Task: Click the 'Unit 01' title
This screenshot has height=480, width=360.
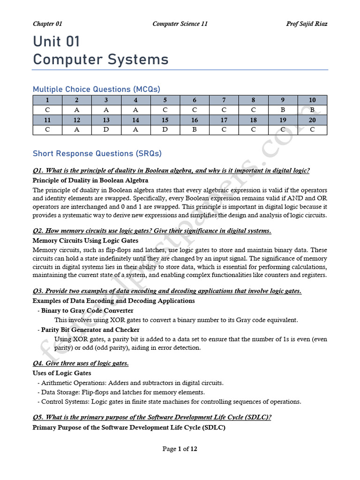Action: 56,42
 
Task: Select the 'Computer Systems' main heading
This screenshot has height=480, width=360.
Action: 100,60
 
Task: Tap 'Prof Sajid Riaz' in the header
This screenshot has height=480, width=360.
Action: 307,24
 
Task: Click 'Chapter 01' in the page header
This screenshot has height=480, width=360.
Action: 47,24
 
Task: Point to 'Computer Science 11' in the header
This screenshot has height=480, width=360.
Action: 180,24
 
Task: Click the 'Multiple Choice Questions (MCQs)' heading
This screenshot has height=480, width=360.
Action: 96,89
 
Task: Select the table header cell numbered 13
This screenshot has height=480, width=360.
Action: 106,120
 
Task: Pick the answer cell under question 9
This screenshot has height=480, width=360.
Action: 283,110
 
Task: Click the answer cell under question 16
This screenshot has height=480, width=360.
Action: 195,130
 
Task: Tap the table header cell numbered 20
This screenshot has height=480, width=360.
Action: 312,120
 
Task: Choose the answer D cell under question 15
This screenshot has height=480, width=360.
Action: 165,130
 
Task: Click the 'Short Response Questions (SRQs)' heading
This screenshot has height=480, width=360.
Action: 97,153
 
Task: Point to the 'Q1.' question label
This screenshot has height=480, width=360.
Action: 38,171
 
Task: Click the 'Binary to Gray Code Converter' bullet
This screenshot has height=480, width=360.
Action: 87,310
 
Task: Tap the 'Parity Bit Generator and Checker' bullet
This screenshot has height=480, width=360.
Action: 90,330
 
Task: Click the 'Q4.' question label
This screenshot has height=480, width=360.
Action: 38,363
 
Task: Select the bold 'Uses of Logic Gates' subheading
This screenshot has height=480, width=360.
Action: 62,373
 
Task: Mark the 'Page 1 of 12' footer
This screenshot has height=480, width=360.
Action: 180,449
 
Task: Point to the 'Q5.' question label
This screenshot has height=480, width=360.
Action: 38,418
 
